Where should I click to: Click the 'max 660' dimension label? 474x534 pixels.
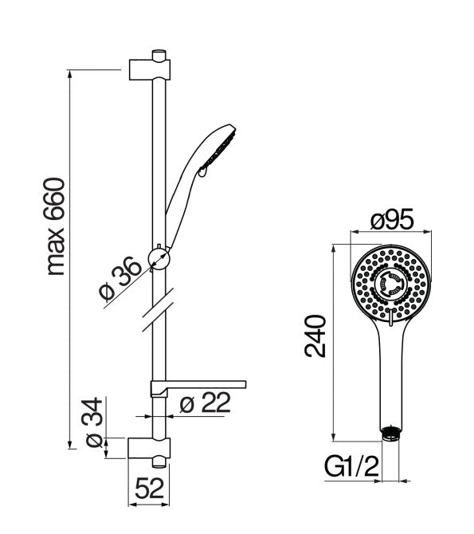tap(55, 226)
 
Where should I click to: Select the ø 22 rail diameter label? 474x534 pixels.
tap(206, 402)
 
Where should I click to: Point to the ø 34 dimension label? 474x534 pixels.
tap(92, 422)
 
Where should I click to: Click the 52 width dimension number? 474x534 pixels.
tap(150, 489)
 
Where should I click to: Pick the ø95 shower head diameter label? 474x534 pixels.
tap(392, 219)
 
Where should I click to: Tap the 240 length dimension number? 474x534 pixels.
tap(315, 336)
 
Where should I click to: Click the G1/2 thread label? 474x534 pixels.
tap(351, 466)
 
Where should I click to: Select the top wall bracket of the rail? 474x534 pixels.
tap(150, 70)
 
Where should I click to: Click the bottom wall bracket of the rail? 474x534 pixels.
tap(149, 448)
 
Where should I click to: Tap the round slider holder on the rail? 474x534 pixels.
tap(159, 259)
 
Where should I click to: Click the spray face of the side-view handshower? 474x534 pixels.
tap(218, 151)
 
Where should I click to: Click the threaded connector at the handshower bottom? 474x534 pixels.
tap(391, 434)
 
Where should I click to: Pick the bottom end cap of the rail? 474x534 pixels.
tap(159, 462)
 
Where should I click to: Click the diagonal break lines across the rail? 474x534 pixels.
tap(158, 310)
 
